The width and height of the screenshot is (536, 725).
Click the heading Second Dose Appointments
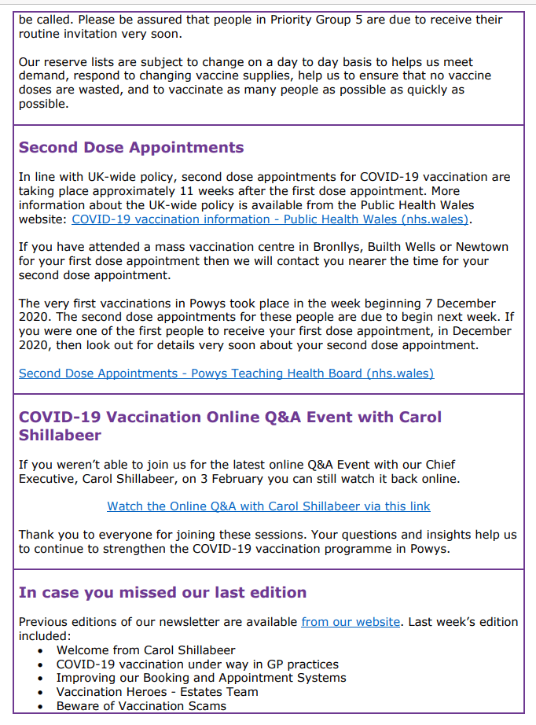pyautogui.click(x=131, y=148)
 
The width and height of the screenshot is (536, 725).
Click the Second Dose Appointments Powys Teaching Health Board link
pyautogui.click(x=226, y=374)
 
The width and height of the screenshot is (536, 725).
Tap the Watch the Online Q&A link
pyautogui.click(x=269, y=506)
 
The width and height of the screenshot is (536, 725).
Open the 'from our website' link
pyautogui.click(x=351, y=622)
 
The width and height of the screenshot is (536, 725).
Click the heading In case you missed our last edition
pyautogui.click(x=163, y=592)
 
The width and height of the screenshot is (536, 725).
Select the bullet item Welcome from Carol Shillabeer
pyautogui.click(x=145, y=650)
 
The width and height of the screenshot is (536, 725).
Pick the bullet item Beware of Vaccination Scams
pyautogui.click(x=141, y=706)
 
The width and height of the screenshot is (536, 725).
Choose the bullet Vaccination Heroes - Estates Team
pyautogui.click(x=157, y=692)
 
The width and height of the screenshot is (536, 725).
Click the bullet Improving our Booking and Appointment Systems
pyautogui.click(x=201, y=678)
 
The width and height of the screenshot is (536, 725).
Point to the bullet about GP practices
pyautogui.click(x=197, y=664)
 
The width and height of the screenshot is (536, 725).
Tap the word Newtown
pyautogui.click(x=481, y=247)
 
